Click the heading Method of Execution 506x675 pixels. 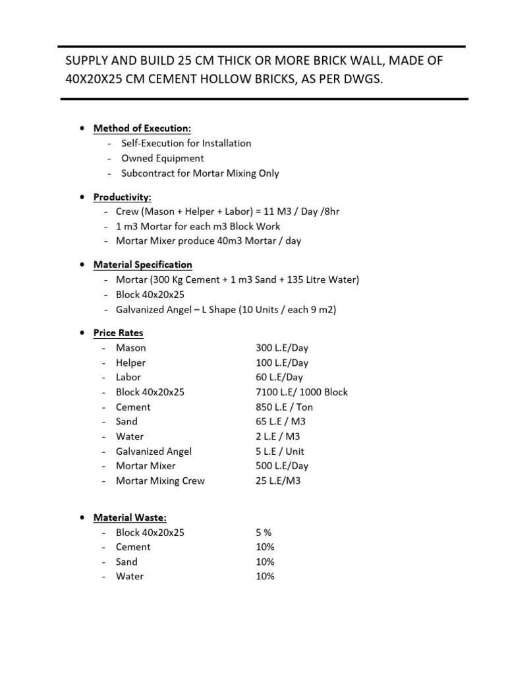142,128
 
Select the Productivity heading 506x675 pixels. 122,196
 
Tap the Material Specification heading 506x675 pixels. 142,264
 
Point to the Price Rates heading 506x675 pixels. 118,333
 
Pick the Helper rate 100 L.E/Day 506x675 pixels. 281,363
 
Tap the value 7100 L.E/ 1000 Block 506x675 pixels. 301,392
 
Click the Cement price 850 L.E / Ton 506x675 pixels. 284,407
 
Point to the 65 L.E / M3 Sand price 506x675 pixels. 280,421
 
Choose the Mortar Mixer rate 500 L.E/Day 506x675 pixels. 281,465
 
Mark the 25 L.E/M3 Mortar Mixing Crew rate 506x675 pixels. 277,481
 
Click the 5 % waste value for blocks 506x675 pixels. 264,532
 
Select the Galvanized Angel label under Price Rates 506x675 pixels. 154,451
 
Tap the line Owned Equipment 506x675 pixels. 162,158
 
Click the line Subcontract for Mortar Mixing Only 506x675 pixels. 200,173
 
